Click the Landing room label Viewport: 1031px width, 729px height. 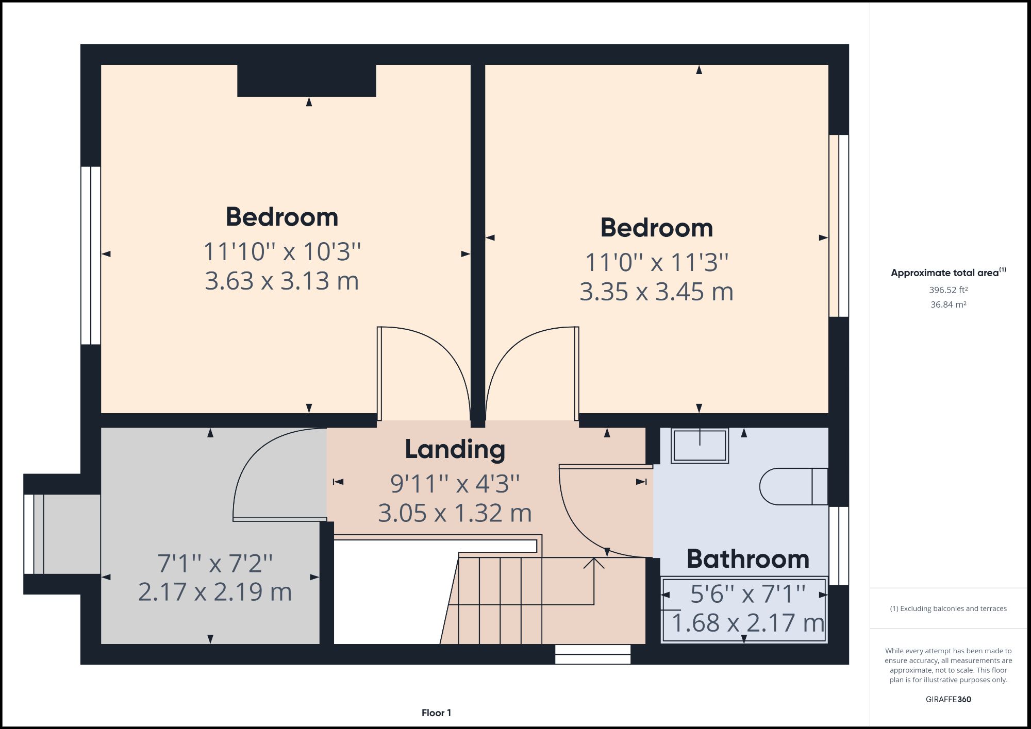[455, 449]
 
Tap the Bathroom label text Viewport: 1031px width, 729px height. [748, 559]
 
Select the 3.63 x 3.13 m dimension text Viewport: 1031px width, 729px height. [281, 281]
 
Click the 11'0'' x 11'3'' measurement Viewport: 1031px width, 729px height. [656, 263]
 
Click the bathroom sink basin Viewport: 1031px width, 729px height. [700, 446]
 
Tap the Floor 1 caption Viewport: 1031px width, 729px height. [436, 713]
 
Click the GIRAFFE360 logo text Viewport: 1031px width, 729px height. [948, 699]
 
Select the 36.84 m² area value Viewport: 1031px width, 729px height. [948, 304]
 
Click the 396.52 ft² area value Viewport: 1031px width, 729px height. [948, 290]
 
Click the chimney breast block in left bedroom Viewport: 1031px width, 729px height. [307, 80]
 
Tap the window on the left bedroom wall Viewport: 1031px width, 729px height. [91, 255]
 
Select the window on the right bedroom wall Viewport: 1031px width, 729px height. [839, 226]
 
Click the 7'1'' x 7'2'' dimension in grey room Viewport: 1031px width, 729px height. [215, 564]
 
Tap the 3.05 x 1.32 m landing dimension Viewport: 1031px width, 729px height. [455, 513]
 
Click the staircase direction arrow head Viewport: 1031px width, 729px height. [594, 562]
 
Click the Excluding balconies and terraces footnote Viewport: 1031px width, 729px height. [948, 608]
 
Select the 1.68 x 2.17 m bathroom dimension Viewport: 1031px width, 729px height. [747, 623]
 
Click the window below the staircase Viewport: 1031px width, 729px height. [593, 654]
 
